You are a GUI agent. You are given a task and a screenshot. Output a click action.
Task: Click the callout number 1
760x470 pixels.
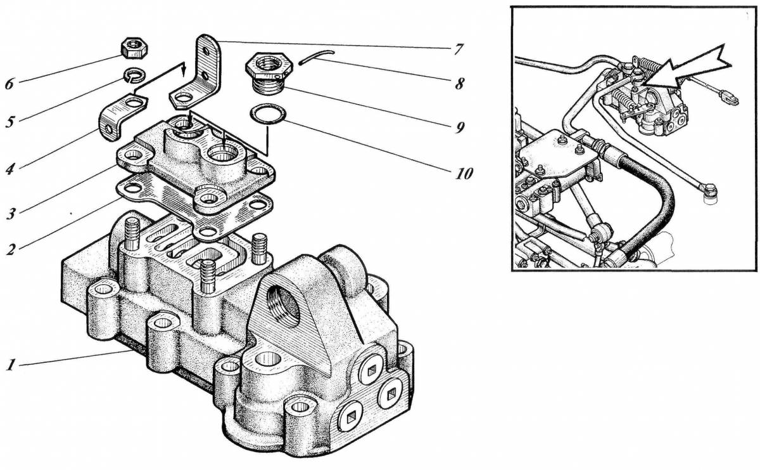coord(11,365)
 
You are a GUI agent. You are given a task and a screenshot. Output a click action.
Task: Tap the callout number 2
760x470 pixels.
coord(11,249)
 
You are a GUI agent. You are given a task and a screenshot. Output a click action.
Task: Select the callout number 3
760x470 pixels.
coord(11,214)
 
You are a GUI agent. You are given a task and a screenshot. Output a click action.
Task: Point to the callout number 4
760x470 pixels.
coord(10,169)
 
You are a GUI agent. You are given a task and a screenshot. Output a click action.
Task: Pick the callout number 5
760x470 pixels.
coord(10,122)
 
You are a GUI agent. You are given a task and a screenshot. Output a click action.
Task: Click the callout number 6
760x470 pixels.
coord(9,84)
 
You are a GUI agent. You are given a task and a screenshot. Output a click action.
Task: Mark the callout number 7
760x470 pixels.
coord(458,49)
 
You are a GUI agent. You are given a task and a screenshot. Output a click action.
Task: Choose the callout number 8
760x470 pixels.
coord(459,84)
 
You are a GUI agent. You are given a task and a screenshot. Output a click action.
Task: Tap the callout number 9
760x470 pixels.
coord(460,127)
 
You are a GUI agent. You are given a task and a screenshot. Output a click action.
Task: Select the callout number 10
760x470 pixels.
coord(464,174)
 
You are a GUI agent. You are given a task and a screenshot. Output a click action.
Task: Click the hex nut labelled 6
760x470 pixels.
coord(134,48)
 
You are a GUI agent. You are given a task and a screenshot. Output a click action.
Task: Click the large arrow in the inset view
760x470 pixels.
coord(685,68)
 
